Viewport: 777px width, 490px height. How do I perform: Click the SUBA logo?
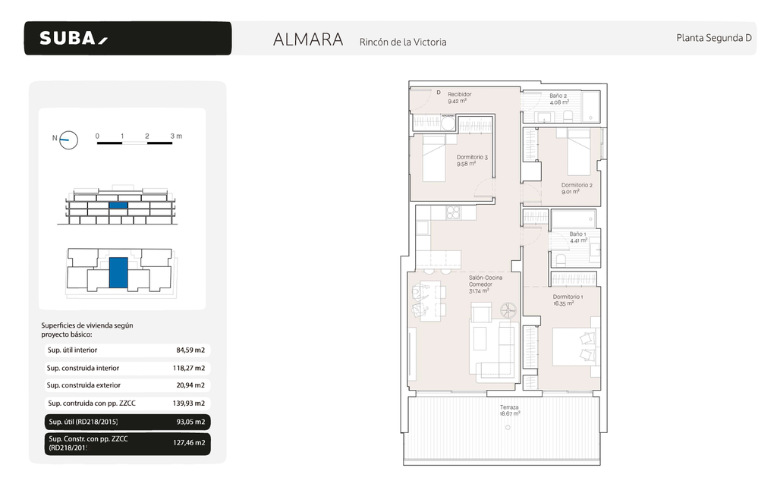[x=74, y=38]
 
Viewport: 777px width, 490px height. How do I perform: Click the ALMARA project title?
[x=308, y=39]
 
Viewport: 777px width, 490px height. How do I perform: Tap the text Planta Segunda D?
[x=713, y=38]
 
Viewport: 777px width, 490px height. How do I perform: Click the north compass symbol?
[x=69, y=139]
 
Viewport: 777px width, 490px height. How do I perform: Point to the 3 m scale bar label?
[x=177, y=136]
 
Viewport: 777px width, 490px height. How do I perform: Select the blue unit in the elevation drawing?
[x=118, y=205]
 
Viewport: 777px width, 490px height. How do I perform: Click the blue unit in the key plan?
[x=118, y=272]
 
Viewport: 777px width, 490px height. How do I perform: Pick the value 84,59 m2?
[x=190, y=350]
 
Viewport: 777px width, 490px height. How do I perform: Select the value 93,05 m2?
[x=190, y=422]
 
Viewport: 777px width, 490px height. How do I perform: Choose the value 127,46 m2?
[x=190, y=443]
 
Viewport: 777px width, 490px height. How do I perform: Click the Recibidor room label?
[x=459, y=95]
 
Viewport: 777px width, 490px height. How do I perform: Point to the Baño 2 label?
[x=558, y=96]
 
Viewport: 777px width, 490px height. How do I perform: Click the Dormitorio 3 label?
[x=472, y=157]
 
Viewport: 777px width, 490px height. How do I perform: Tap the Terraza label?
[x=509, y=407]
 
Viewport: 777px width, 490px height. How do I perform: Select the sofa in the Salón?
[x=495, y=349]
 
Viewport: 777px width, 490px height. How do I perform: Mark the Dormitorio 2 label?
[x=577, y=185]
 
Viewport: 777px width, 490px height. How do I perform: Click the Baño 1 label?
[x=577, y=234]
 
